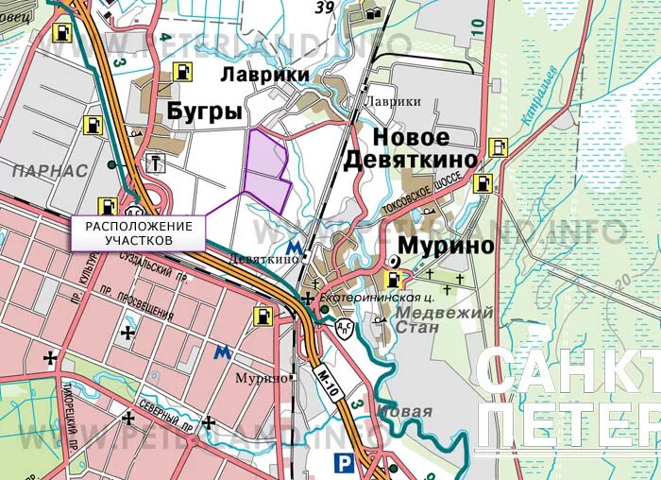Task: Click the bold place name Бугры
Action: point(204,112)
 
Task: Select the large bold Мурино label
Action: point(446,246)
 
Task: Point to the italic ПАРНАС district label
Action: point(50,171)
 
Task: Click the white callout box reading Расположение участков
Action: point(139,233)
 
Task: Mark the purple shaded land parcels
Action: point(266,170)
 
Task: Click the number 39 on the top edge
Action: point(325,9)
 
